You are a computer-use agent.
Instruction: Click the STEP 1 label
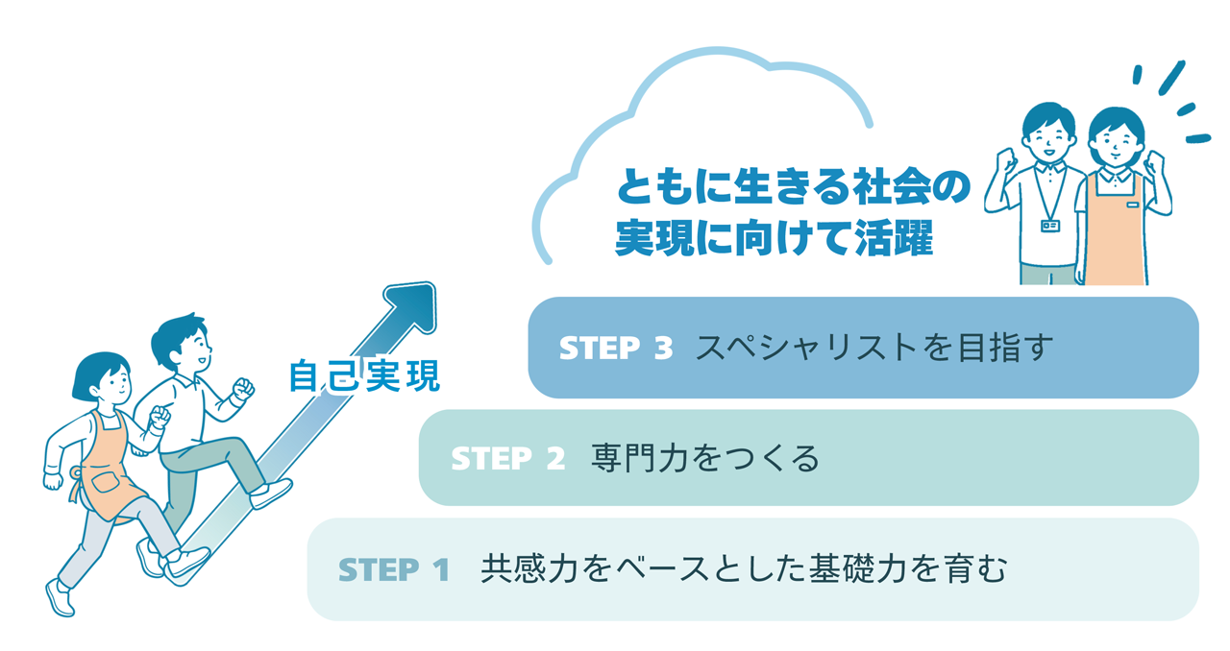394,570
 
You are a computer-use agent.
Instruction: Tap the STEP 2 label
507,459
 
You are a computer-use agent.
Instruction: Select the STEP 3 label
615,349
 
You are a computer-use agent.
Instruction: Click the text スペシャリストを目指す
874,348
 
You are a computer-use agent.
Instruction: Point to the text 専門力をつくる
706,459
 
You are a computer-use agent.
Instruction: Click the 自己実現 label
364,376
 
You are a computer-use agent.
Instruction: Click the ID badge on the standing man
1050,226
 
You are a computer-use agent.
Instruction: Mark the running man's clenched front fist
243,390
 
